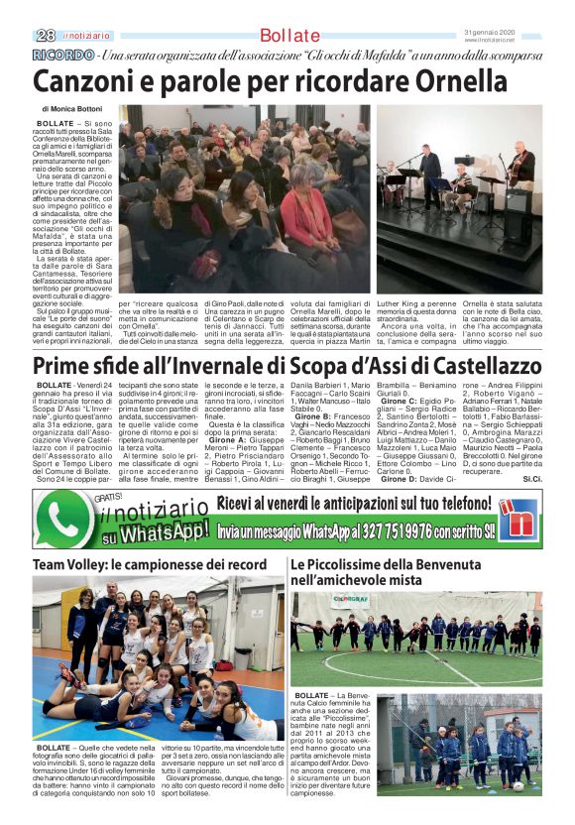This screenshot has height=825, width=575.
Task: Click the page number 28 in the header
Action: (x=46, y=36)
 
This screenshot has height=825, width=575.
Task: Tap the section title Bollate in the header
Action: (x=289, y=37)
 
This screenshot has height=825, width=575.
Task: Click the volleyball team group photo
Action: (x=158, y=657)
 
